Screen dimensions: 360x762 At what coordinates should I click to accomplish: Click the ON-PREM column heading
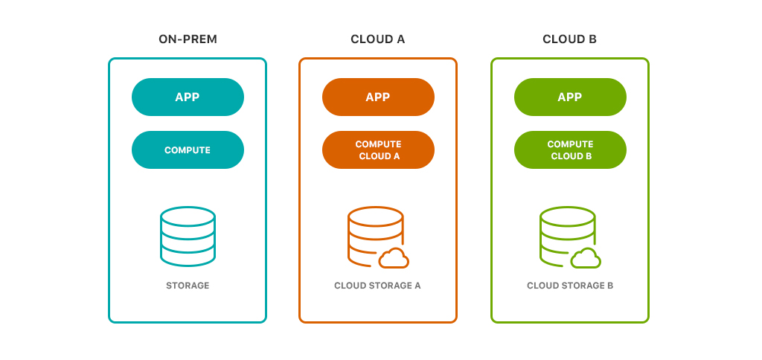click(188, 39)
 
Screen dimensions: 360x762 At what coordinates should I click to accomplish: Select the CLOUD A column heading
click(378, 39)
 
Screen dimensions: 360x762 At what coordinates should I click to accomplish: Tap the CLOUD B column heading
click(569, 39)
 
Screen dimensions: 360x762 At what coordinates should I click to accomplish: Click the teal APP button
click(188, 97)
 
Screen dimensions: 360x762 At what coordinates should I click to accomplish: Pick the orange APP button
click(378, 97)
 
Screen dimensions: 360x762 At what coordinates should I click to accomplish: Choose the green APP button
click(570, 97)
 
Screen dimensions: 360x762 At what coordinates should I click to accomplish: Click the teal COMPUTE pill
click(188, 150)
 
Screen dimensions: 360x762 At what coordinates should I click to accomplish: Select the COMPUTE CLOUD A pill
click(378, 150)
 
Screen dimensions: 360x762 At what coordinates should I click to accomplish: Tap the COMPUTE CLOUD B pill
click(570, 150)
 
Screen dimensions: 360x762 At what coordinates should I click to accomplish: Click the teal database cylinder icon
click(188, 236)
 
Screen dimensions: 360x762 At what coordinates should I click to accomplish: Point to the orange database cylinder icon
click(374, 234)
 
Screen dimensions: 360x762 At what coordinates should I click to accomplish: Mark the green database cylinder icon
click(566, 234)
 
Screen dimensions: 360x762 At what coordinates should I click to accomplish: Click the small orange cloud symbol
click(394, 258)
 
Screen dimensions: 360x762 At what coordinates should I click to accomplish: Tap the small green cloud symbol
click(586, 258)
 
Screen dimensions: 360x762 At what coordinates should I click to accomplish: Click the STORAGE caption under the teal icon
click(188, 286)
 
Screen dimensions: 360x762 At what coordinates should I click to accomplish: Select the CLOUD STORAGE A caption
click(378, 286)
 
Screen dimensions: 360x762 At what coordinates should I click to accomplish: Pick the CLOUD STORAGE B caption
click(570, 286)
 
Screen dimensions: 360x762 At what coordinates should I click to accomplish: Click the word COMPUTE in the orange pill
click(378, 144)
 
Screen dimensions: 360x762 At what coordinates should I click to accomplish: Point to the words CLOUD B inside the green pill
click(570, 156)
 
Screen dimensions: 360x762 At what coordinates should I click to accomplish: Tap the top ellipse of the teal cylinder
click(188, 216)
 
